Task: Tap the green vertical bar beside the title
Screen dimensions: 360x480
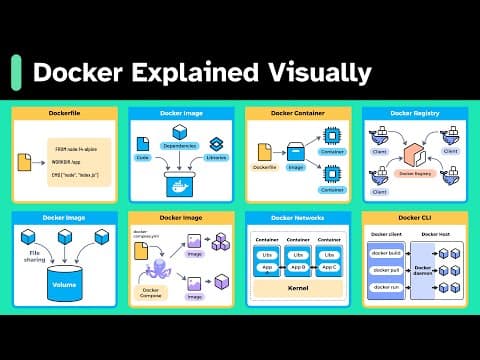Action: pos(16,72)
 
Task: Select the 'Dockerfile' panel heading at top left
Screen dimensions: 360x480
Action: pos(65,115)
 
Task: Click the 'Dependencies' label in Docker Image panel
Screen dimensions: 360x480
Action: pos(180,146)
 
